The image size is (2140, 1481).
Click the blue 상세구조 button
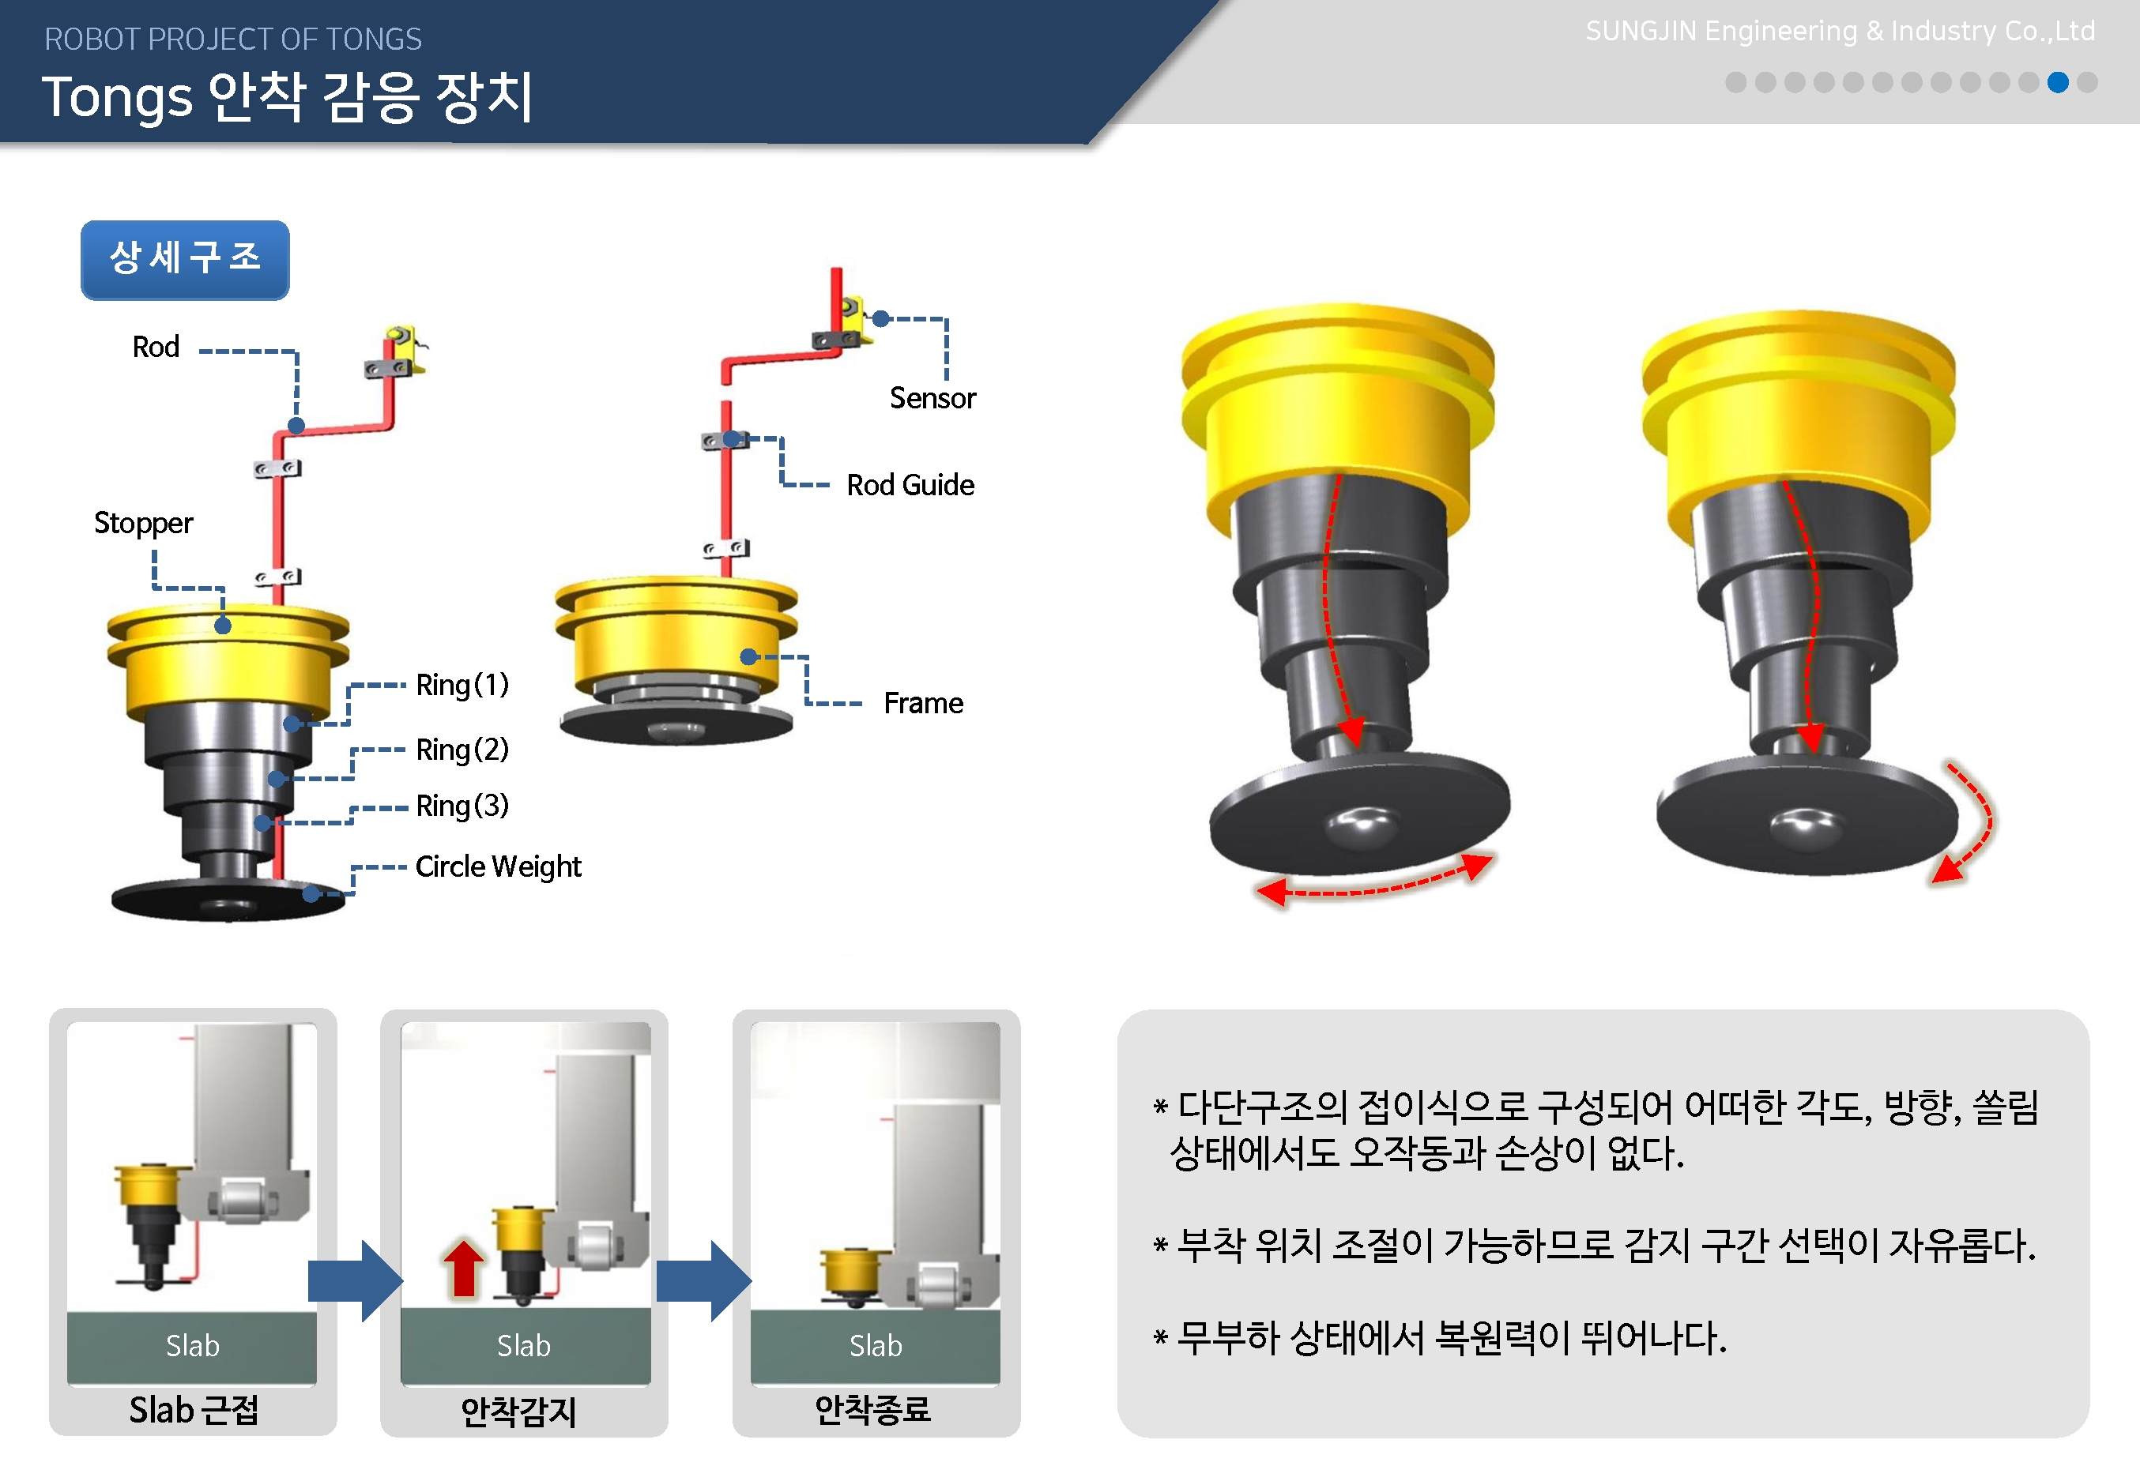pyautogui.click(x=185, y=260)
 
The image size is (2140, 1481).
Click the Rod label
pyautogui.click(x=156, y=347)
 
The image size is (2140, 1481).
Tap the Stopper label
pyautogui.click(x=143, y=524)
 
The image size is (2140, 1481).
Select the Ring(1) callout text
pyautogui.click(x=462, y=685)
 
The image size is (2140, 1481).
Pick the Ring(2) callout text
pyautogui.click(x=462, y=749)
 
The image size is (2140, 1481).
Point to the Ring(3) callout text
pyautogui.click(x=462, y=806)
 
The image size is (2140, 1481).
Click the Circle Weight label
pyautogui.click(x=498, y=866)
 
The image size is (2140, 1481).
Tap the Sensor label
pyautogui.click(x=932, y=398)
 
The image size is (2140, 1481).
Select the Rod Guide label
pyautogui.click(x=910, y=485)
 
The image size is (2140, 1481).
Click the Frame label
pyautogui.click(x=923, y=704)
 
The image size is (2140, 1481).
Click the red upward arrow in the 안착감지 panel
pyautogui.click(x=463, y=1268)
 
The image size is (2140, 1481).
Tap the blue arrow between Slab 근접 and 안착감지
pyautogui.click(x=356, y=1280)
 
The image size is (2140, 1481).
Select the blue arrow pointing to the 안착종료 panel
pyautogui.click(x=704, y=1280)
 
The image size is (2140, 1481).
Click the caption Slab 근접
pyautogui.click(x=194, y=1411)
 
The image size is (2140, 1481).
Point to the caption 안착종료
pyautogui.click(x=872, y=1411)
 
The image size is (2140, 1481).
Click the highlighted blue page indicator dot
pyautogui.click(x=2057, y=83)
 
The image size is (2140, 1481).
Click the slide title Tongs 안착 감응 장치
pyautogui.click(x=288, y=97)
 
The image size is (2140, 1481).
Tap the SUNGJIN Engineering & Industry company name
pyautogui.click(x=1840, y=32)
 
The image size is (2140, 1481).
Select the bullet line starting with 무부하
pyautogui.click(x=1440, y=1338)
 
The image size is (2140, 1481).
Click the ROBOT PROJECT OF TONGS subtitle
pyautogui.click(x=233, y=39)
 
